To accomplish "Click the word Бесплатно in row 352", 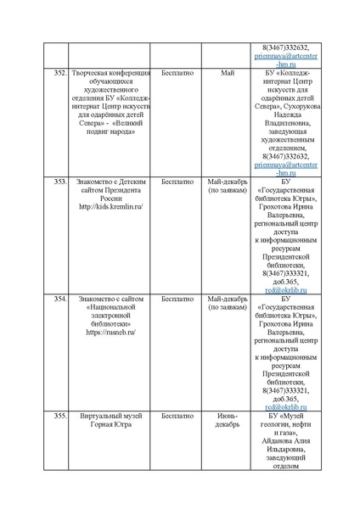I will point(176,75).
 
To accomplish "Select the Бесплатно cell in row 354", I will point(176,299).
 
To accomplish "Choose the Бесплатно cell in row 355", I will point(176,417).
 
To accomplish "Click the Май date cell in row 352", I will point(227,75).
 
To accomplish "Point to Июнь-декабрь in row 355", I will point(227,422).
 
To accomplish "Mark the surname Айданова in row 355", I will point(277,442).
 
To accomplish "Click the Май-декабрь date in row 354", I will point(227,299).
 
